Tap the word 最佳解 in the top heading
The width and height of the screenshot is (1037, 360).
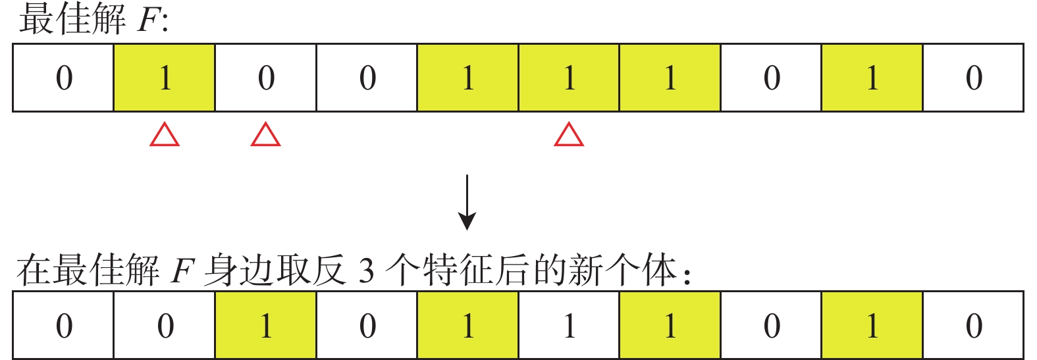point(72,20)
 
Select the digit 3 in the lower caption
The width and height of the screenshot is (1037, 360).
point(366,271)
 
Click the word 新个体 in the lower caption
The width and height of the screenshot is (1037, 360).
point(622,271)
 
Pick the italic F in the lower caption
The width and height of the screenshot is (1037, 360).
point(180,271)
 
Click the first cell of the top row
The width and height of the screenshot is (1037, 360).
point(64,78)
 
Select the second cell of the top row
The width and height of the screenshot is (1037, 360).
point(165,78)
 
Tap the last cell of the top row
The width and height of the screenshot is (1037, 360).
point(973,78)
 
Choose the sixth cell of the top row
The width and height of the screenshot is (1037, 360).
point(569,78)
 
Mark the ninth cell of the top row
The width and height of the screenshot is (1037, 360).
point(872,78)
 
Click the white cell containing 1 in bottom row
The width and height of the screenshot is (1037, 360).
point(569,325)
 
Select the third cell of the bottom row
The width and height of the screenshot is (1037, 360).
point(266,325)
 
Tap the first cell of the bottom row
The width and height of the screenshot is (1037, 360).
point(64,325)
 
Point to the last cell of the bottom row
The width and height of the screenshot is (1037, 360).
point(973,325)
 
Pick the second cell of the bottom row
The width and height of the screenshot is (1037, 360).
point(165,325)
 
